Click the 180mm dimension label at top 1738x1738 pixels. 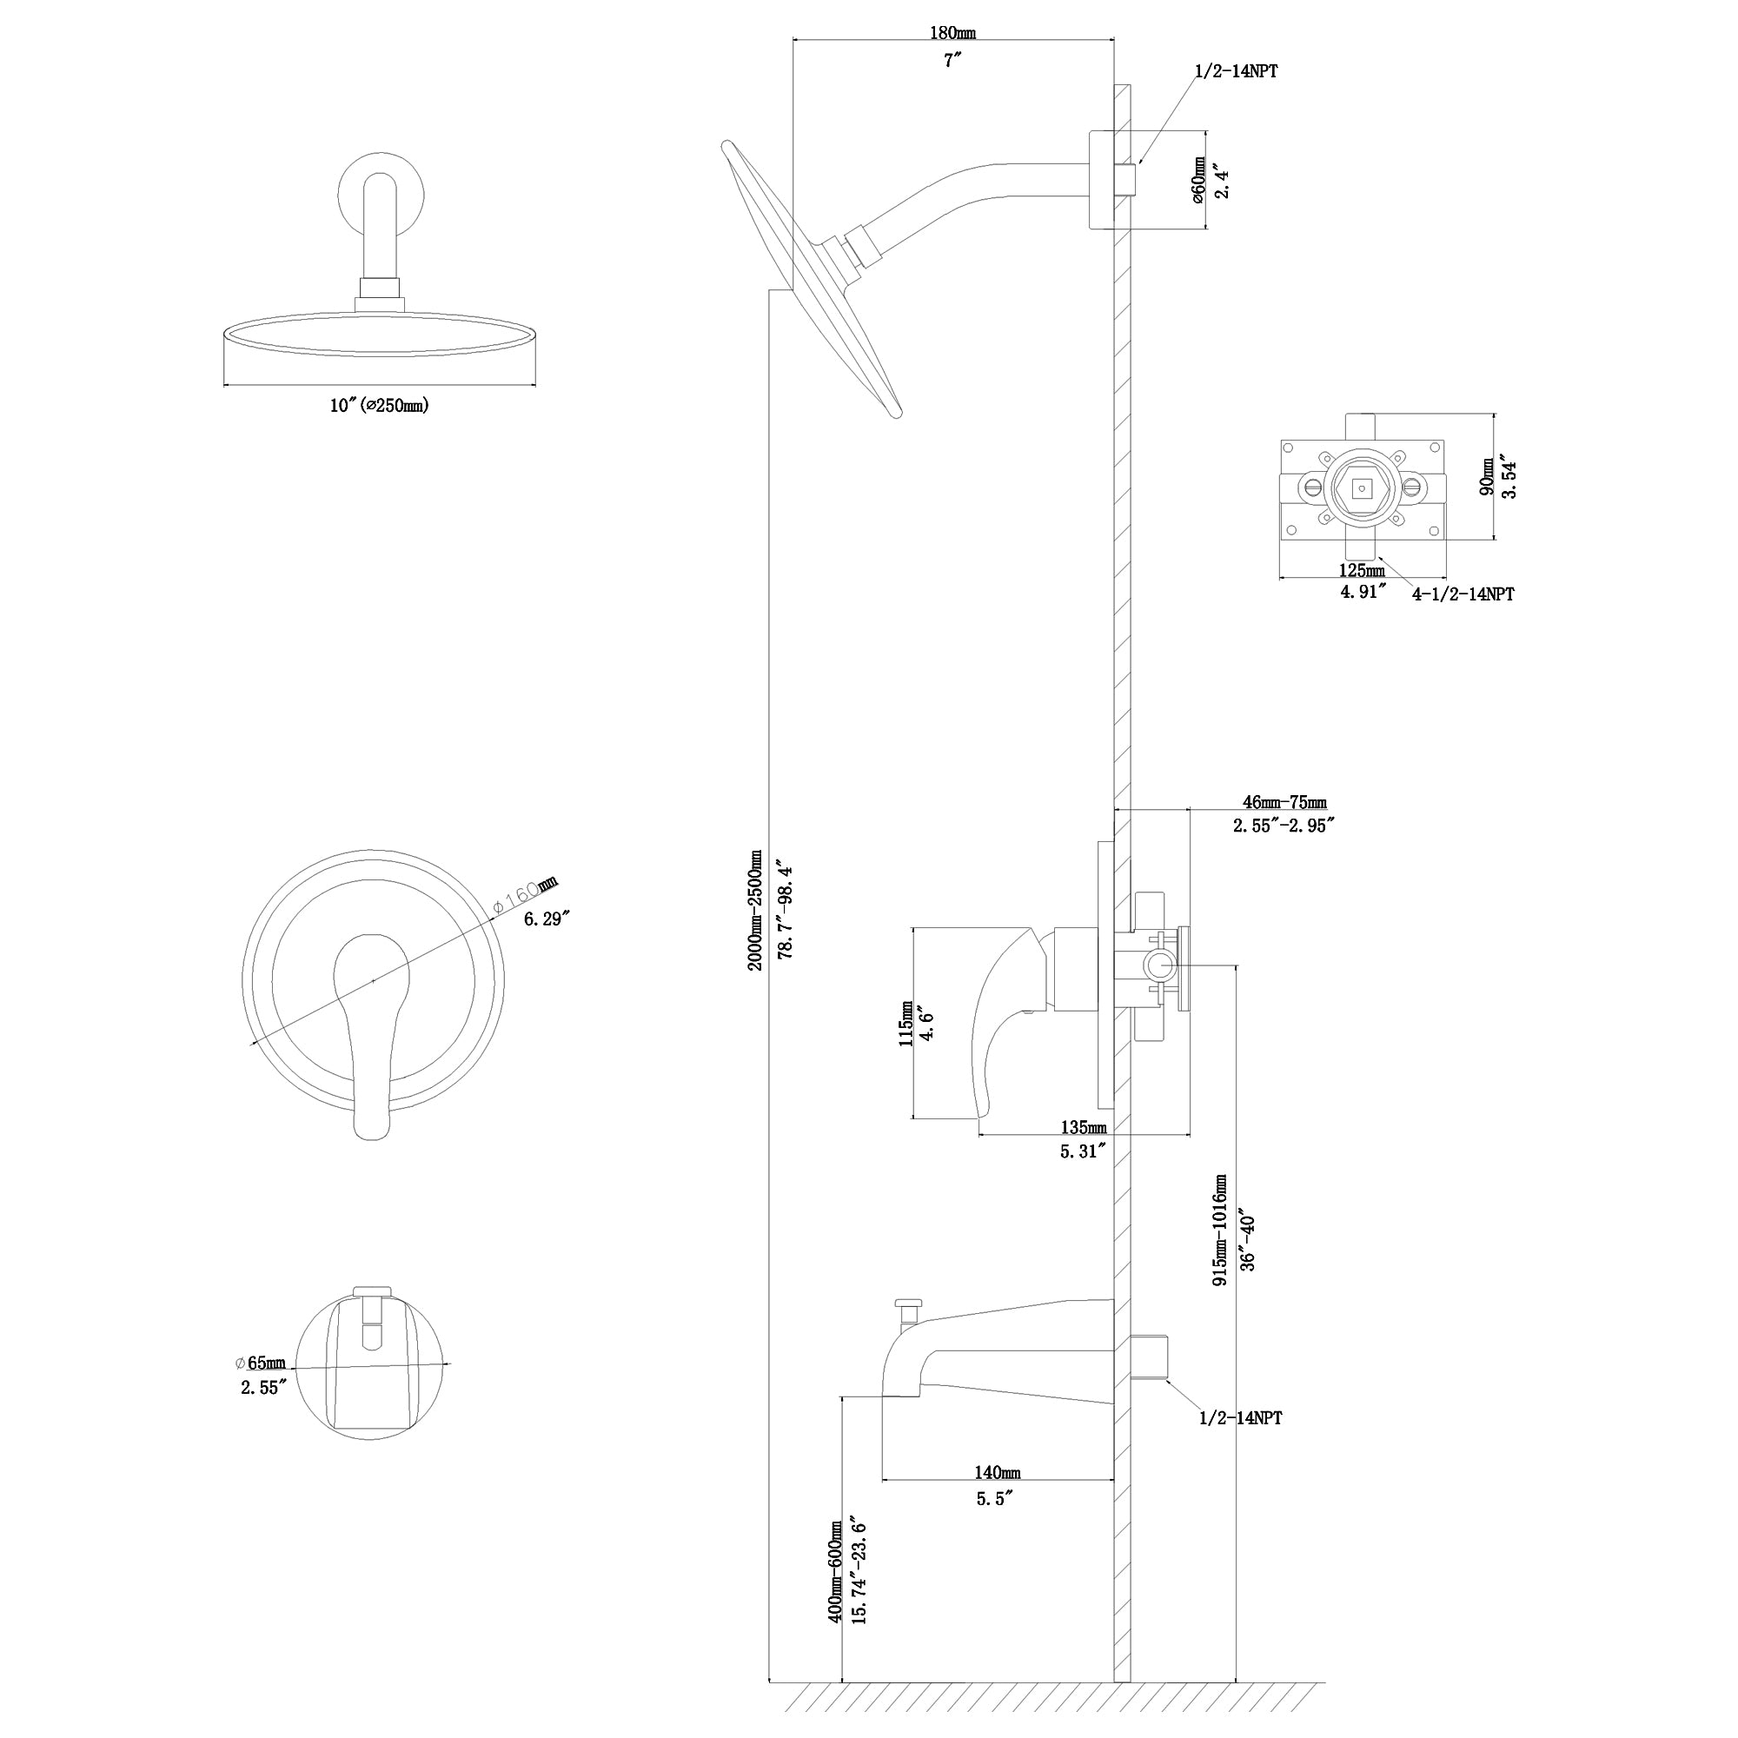coord(952,33)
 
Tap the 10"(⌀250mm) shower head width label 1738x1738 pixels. coord(379,406)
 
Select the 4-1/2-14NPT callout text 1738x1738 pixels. coord(1462,594)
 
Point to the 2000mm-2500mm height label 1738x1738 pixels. coord(756,910)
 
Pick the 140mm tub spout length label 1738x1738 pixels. coord(998,1473)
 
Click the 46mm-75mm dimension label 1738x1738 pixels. coord(1284,802)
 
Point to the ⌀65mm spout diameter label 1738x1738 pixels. coord(260,1363)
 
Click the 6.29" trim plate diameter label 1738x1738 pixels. coord(547,919)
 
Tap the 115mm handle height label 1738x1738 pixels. coord(905,1023)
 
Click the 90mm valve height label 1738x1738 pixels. coord(1488,476)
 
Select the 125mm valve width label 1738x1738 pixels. coord(1361,570)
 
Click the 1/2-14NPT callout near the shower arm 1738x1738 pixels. coord(1236,72)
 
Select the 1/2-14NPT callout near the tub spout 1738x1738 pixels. coord(1241,1417)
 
